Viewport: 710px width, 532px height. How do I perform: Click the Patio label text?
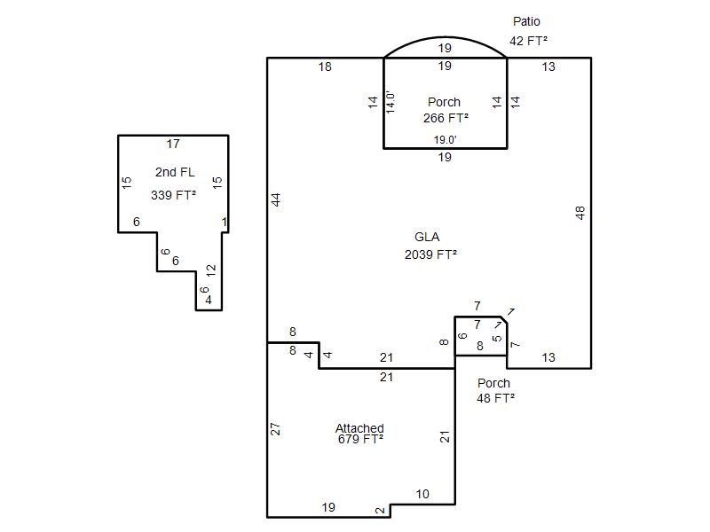pos(526,21)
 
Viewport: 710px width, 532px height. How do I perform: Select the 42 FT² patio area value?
pos(528,41)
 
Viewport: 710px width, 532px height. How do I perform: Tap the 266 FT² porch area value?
pos(446,118)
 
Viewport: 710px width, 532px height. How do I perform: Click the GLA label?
pos(427,237)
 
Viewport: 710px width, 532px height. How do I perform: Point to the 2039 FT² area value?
pos(430,254)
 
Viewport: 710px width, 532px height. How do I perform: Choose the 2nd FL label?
pos(175,172)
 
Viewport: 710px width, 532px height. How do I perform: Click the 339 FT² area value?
pos(173,195)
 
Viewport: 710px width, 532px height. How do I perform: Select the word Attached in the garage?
pos(359,428)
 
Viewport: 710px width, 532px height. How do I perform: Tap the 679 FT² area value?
pos(360,439)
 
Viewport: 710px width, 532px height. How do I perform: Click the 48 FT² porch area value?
pos(495,398)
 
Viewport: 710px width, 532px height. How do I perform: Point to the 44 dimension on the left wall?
pos(276,199)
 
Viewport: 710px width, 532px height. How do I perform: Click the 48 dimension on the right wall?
pos(580,213)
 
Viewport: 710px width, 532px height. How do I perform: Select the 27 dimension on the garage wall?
pos(275,429)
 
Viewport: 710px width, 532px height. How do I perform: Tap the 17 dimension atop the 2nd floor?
pos(173,144)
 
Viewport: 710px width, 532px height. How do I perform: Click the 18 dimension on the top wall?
pos(325,67)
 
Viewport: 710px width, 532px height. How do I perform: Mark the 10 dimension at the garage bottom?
pos(422,494)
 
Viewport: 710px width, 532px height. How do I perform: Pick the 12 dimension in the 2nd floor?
pos(211,270)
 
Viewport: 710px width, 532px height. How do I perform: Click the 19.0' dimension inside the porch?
pos(445,140)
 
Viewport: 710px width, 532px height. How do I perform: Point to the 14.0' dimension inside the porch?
pos(390,102)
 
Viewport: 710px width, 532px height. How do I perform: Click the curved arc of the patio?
pos(446,37)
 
